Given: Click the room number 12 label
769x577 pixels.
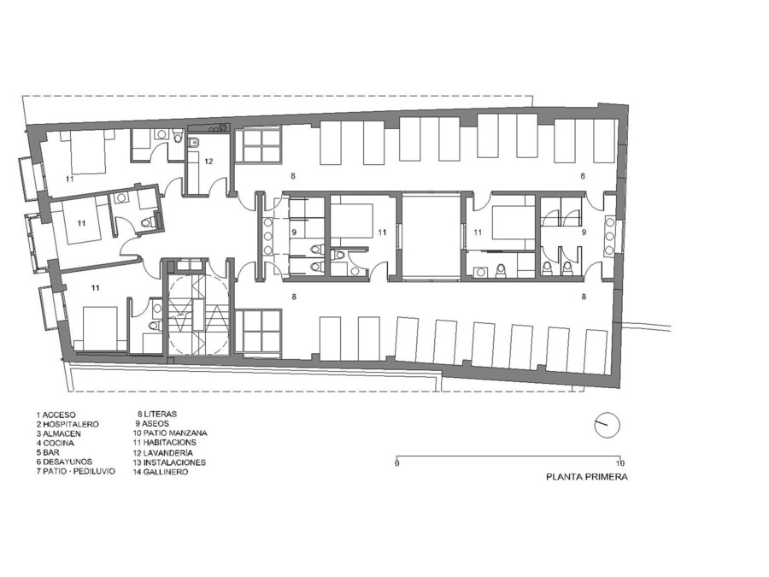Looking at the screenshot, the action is [209, 162].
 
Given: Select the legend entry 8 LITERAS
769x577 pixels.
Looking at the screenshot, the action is [157, 414].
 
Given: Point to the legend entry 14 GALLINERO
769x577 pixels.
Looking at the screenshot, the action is [161, 472].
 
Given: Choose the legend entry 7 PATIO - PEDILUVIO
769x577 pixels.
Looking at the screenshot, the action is [75, 471].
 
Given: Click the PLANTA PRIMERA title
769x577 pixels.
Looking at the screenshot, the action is [587, 476].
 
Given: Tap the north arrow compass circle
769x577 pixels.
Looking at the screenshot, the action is [608, 425].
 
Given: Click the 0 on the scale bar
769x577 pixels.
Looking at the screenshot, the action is [396, 463].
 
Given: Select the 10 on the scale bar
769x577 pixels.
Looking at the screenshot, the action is [620, 463].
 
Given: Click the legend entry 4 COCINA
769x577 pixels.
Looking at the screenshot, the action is [55, 443].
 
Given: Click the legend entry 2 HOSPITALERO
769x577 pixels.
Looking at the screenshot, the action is [68, 424].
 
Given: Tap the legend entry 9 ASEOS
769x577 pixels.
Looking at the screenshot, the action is [153, 423].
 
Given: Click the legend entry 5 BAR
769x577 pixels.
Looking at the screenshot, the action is [48, 452].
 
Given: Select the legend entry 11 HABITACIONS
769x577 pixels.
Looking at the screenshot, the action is [164, 443].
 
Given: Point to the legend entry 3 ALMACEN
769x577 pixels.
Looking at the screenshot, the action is [58, 433].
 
